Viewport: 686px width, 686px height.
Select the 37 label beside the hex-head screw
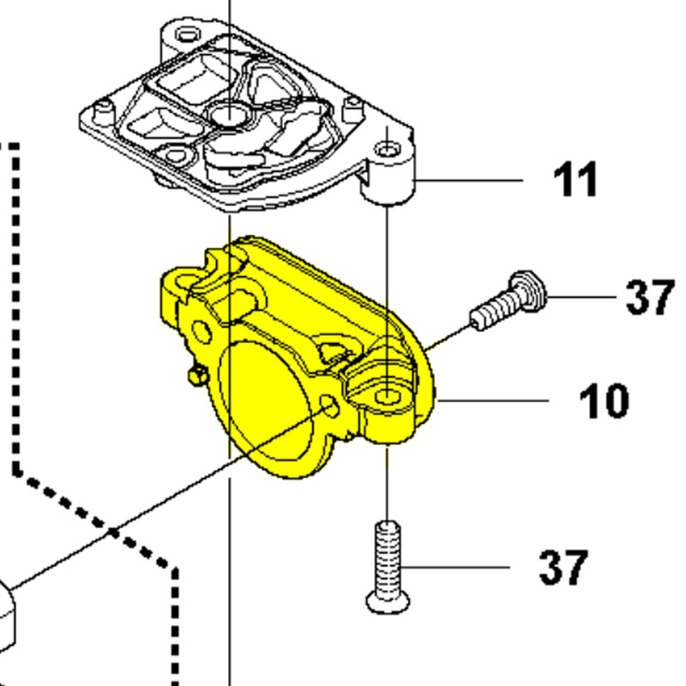pyautogui.click(x=649, y=297)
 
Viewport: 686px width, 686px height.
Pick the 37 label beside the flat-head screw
pyautogui.click(x=563, y=567)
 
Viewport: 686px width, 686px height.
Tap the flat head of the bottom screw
pyautogui.click(x=387, y=603)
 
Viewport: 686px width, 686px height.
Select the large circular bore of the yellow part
pyautogui.click(x=266, y=403)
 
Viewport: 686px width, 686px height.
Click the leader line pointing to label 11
pyautogui.click(x=472, y=181)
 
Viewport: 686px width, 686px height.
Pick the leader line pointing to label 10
pyautogui.click(x=493, y=400)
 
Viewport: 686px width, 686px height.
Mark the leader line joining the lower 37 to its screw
pyautogui.click(x=454, y=567)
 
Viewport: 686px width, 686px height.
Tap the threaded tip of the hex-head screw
pyautogui.click(x=478, y=321)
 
